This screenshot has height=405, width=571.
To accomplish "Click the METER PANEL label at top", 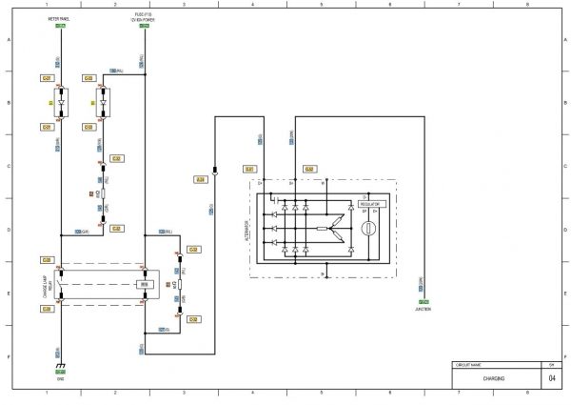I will coord(60,18).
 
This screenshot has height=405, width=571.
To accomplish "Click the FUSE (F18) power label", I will coord(143,17).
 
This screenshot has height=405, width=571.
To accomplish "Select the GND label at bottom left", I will coord(60,376).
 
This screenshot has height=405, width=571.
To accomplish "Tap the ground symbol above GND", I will coord(60,365).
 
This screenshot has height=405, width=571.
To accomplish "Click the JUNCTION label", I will coord(422,310).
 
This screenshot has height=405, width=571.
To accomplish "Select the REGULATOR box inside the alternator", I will coord(371,205).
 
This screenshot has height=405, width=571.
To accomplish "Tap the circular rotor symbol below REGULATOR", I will coord(371,230).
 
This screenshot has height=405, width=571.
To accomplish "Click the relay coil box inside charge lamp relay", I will coord(144,284).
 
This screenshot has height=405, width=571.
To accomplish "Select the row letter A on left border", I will coord(9,41).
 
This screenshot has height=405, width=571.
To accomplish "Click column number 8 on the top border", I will coord(526,5).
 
